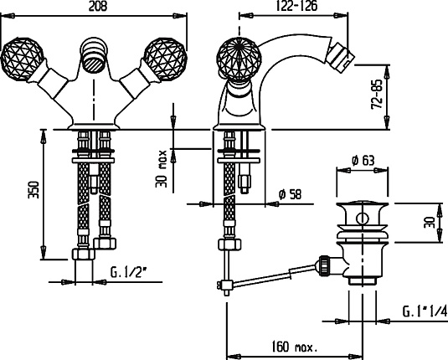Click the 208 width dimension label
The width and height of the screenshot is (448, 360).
[98, 7]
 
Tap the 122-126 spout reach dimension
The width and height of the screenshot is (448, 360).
[296, 6]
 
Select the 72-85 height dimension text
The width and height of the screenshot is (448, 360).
[377, 94]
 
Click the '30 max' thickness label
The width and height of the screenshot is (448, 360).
[162, 169]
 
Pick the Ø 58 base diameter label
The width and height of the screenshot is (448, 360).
[290, 194]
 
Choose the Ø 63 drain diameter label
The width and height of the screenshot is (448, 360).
[363, 160]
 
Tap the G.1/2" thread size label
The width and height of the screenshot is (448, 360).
[129, 273]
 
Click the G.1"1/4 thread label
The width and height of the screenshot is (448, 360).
[425, 311]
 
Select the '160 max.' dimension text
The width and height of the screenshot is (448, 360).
[294, 347]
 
